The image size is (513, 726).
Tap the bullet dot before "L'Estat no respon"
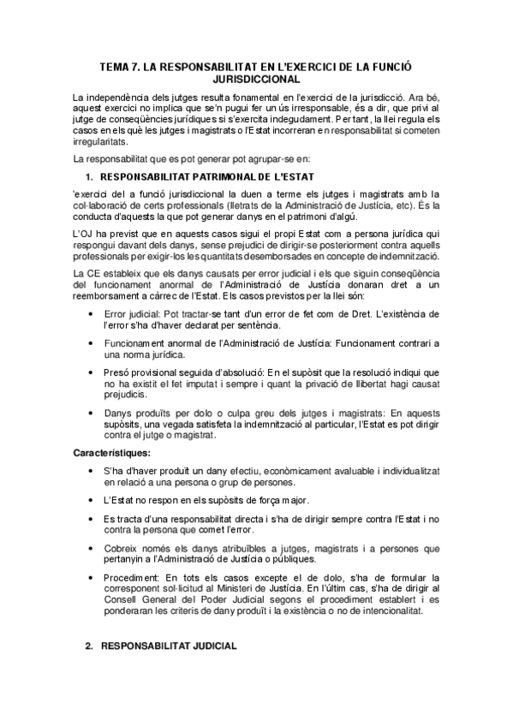click(x=92, y=499)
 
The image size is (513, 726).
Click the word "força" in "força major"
click(x=263, y=499)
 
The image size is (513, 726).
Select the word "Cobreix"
click(x=122, y=547)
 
